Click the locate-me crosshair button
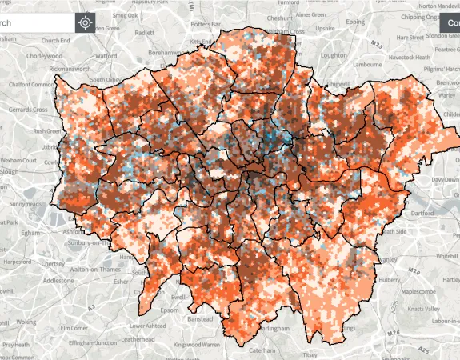point(86,22)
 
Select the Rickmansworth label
point(73,69)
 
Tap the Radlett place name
point(145,33)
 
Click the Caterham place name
point(259,350)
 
